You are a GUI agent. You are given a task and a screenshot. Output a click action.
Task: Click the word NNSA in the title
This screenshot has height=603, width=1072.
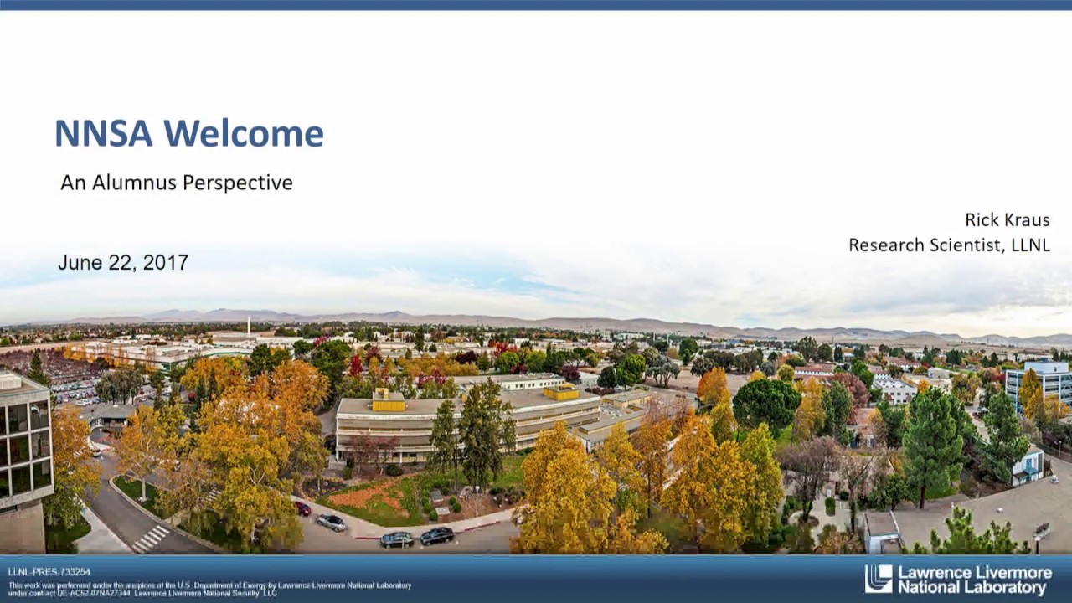coord(103,134)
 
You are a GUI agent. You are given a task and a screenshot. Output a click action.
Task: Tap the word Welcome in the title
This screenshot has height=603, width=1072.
coord(244,134)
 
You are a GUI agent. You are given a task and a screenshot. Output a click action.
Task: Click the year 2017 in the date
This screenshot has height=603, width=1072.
coord(166,262)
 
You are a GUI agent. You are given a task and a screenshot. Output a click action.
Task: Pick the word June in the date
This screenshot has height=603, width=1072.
coord(78,262)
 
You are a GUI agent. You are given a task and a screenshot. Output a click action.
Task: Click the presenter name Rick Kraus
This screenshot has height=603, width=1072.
coord(1007,220)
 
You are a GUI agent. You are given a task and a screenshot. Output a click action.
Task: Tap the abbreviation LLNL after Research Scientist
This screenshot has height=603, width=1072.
coord(1029,245)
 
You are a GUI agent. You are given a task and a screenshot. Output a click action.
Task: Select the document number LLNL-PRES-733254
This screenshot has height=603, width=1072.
coord(49,572)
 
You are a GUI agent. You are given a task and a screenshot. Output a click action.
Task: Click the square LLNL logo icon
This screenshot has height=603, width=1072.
coord(879,579)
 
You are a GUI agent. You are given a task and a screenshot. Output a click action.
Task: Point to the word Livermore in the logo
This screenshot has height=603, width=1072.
coord(1010,573)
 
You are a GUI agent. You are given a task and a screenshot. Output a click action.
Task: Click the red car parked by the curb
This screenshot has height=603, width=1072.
coord(302,508)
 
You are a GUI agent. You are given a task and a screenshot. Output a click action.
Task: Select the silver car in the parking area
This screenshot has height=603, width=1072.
coord(331,522)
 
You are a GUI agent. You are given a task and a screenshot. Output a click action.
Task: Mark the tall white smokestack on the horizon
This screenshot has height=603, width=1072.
coord(249,325)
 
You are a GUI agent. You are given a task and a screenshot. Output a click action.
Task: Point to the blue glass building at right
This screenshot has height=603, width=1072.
coord(1039,382)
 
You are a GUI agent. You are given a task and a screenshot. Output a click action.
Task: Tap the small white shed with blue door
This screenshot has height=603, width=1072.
coord(1027,466)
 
